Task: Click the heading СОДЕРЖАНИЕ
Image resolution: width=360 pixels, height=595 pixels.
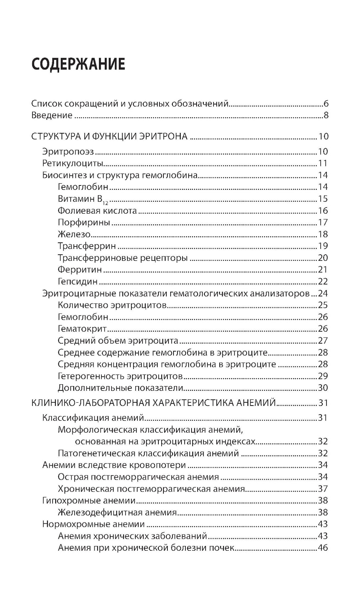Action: click(78, 64)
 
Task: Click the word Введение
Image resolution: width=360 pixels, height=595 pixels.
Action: click(52, 116)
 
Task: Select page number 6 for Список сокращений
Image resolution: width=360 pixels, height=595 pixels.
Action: click(326, 104)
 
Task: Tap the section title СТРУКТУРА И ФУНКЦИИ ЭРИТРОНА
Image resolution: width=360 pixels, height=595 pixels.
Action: click(109, 137)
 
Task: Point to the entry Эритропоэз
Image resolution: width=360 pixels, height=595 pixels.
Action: click(68, 152)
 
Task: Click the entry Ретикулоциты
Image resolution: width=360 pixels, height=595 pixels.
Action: click(73, 163)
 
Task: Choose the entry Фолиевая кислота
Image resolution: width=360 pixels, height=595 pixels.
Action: click(97, 211)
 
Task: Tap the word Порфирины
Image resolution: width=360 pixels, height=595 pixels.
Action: click(84, 223)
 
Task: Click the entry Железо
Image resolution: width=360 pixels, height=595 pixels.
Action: click(74, 234)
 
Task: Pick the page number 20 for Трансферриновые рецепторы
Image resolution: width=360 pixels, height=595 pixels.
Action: click(323, 258)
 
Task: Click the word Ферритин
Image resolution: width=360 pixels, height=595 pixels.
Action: click(80, 270)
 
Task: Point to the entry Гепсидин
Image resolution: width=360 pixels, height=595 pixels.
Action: click(77, 282)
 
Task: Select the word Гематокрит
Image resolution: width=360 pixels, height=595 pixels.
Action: click(82, 329)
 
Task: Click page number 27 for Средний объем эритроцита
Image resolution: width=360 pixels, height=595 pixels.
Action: click(323, 341)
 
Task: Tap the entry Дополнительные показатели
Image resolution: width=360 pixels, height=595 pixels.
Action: click(121, 388)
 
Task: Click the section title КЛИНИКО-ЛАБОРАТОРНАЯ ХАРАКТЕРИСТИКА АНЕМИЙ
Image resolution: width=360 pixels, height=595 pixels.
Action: click(154, 402)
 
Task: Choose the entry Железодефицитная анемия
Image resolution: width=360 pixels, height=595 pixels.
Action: click(117, 513)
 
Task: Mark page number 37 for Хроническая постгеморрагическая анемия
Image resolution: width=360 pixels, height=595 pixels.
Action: click(323, 489)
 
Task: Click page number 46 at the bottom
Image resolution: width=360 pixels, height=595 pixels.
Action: click(323, 548)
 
